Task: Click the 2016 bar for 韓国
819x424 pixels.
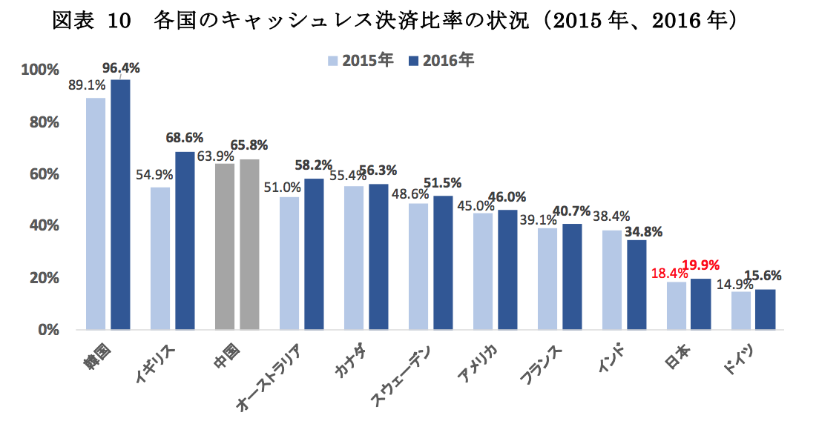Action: [120, 204]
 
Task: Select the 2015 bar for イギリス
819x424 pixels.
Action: [159, 258]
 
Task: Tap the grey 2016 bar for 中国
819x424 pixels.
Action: [249, 244]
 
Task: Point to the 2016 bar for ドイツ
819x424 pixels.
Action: [766, 309]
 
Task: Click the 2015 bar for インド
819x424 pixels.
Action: [611, 279]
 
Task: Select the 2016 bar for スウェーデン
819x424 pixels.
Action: [443, 262]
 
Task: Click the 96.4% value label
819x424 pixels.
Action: [121, 68]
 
